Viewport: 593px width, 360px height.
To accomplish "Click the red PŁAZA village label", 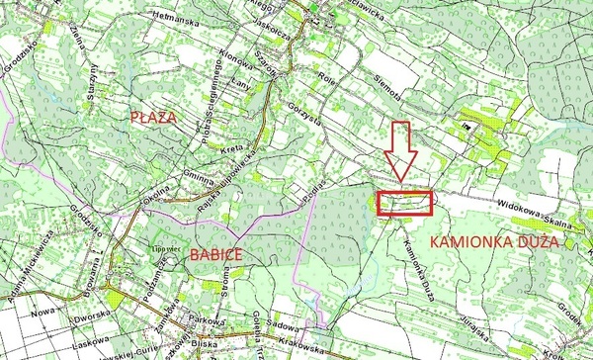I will click(153, 118).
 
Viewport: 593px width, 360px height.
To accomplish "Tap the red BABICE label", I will click(213, 255).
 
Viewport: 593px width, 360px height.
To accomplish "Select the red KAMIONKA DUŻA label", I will click(495, 241).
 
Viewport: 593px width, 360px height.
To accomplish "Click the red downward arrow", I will click(400, 151).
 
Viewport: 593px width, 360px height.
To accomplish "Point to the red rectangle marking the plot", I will click(404, 202).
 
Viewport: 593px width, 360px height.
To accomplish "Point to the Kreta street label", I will click(233, 147).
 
